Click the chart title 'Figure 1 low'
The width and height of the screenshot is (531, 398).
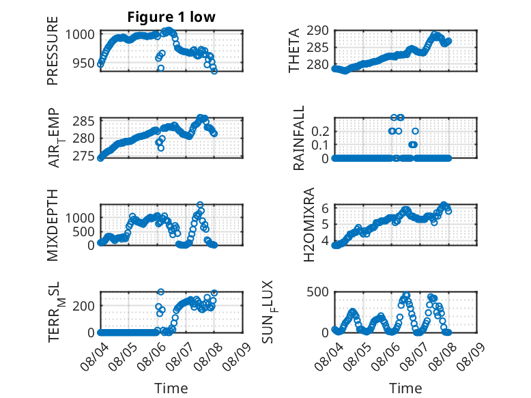(x=171, y=17)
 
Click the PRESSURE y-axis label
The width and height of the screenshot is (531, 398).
(x=53, y=51)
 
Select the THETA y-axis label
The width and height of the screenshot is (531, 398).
(x=294, y=51)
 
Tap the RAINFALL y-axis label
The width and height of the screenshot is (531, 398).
(x=299, y=138)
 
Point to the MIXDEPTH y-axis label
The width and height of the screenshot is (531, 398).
(x=53, y=225)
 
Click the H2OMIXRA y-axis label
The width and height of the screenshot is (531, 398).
(x=309, y=225)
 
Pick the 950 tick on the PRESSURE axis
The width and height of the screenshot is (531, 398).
(x=83, y=63)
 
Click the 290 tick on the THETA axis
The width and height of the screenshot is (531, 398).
(x=317, y=31)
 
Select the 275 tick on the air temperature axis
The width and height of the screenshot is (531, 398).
(x=83, y=156)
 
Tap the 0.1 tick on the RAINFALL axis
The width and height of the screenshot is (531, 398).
(x=320, y=145)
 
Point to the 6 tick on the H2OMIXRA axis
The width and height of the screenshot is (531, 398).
(x=325, y=208)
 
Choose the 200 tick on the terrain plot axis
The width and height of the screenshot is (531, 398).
(x=83, y=306)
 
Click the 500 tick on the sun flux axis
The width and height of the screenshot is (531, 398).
(x=317, y=292)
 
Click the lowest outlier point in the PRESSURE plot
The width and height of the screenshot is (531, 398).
(x=161, y=68)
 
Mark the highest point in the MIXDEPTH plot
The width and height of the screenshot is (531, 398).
(x=200, y=205)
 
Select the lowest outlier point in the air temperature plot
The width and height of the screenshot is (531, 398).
(x=161, y=148)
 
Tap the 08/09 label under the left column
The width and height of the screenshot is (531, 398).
(x=237, y=356)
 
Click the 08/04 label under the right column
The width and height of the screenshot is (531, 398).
(x=329, y=356)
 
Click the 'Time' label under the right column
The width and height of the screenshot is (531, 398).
(x=405, y=388)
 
